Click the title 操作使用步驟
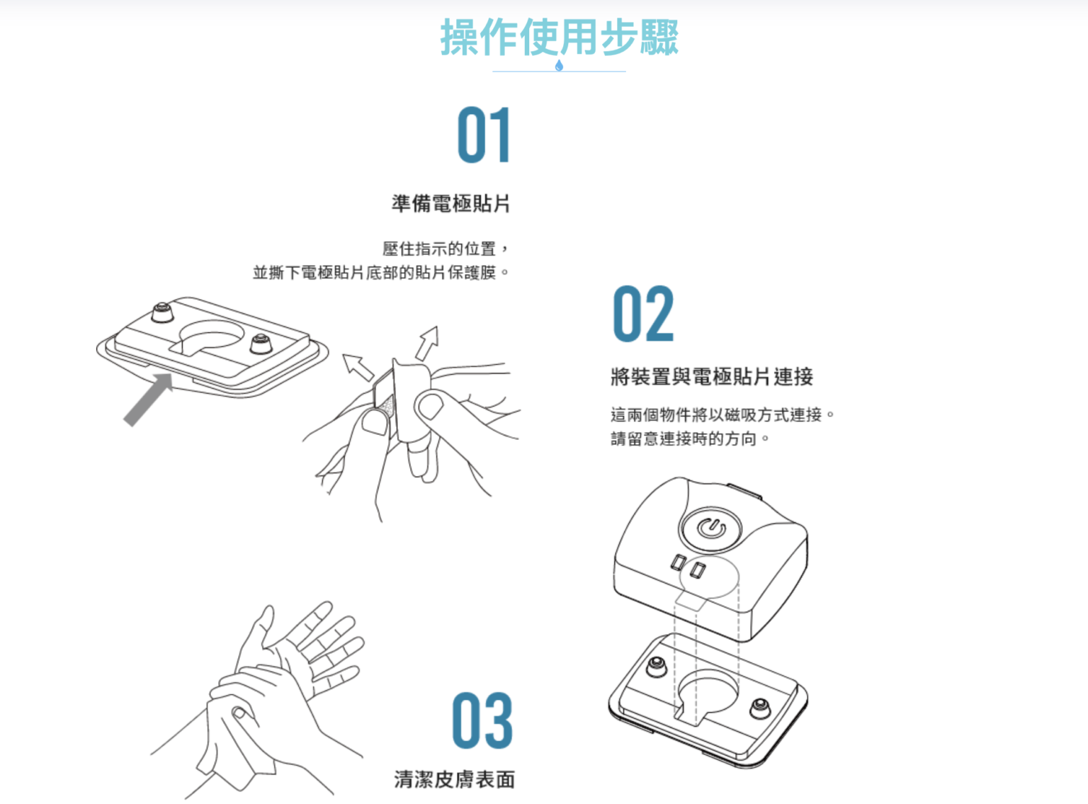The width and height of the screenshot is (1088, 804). click(x=559, y=37)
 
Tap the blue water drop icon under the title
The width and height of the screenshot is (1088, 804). click(x=559, y=65)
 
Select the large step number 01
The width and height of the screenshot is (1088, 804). click(x=484, y=135)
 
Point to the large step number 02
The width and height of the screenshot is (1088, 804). click(x=643, y=314)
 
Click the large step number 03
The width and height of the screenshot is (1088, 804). click(x=482, y=720)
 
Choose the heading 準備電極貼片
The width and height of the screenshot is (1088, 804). click(x=450, y=203)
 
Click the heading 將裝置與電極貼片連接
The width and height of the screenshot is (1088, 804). click(x=712, y=377)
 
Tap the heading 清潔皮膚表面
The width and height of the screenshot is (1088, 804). click(x=454, y=779)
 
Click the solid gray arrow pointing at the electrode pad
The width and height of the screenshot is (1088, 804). click(x=149, y=399)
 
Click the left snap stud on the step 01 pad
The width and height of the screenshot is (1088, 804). click(x=161, y=312)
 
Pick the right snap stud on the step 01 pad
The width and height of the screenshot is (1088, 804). click(x=261, y=344)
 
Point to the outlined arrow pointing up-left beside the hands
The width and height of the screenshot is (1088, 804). click(x=358, y=367)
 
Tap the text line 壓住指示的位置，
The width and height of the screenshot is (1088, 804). click(x=446, y=249)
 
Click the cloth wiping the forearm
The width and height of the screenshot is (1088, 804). click(x=230, y=746)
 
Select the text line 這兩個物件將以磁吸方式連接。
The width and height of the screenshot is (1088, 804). click(x=722, y=415)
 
